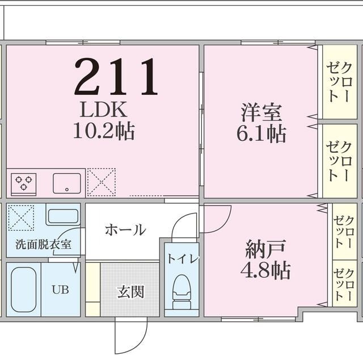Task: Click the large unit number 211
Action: coord(116,76)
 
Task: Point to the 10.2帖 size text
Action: coord(103,132)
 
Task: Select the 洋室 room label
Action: coord(261,112)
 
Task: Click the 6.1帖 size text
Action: coord(261,134)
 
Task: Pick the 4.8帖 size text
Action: coord(265,270)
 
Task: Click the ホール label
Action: coord(125,230)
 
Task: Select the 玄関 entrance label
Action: coord(130,292)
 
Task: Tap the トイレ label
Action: coord(183,258)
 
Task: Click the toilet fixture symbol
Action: coord(181,291)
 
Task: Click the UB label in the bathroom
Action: coord(60,289)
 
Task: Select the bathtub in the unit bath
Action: coord(23,290)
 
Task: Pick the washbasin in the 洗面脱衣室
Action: coord(62,216)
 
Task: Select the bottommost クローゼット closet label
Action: coord(344,283)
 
